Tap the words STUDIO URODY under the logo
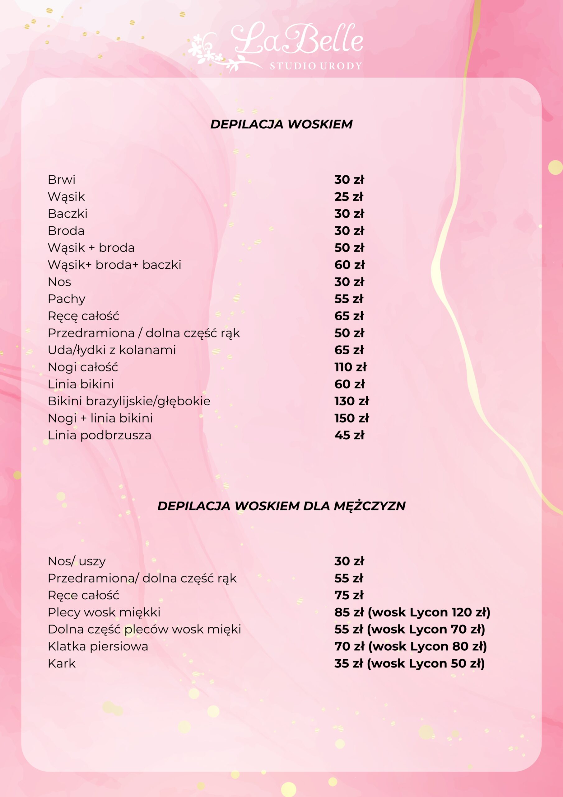pyautogui.click(x=316, y=66)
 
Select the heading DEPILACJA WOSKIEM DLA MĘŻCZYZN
pyautogui.click(x=281, y=506)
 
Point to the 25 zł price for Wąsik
pyautogui.click(x=349, y=196)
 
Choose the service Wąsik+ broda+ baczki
pyautogui.click(x=114, y=265)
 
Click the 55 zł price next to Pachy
pyautogui.click(x=349, y=299)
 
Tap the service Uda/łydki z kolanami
pyautogui.click(x=112, y=350)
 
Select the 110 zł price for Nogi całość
pyautogui.click(x=350, y=367)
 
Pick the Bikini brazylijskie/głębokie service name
pyautogui.click(x=129, y=401)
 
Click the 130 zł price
pyautogui.click(x=352, y=401)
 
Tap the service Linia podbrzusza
pyautogui.click(x=100, y=435)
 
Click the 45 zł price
pyautogui.click(x=349, y=435)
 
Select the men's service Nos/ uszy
pyautogui.click(x=77, y=561)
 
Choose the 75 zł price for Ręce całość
pyautogui.click(x=349, y=595)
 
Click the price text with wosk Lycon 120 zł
pyautogui.click(x=412, y=612)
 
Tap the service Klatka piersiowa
pyautogui.click(x=98, y=646)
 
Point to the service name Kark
pyautogui.click(x=61, y=663)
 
